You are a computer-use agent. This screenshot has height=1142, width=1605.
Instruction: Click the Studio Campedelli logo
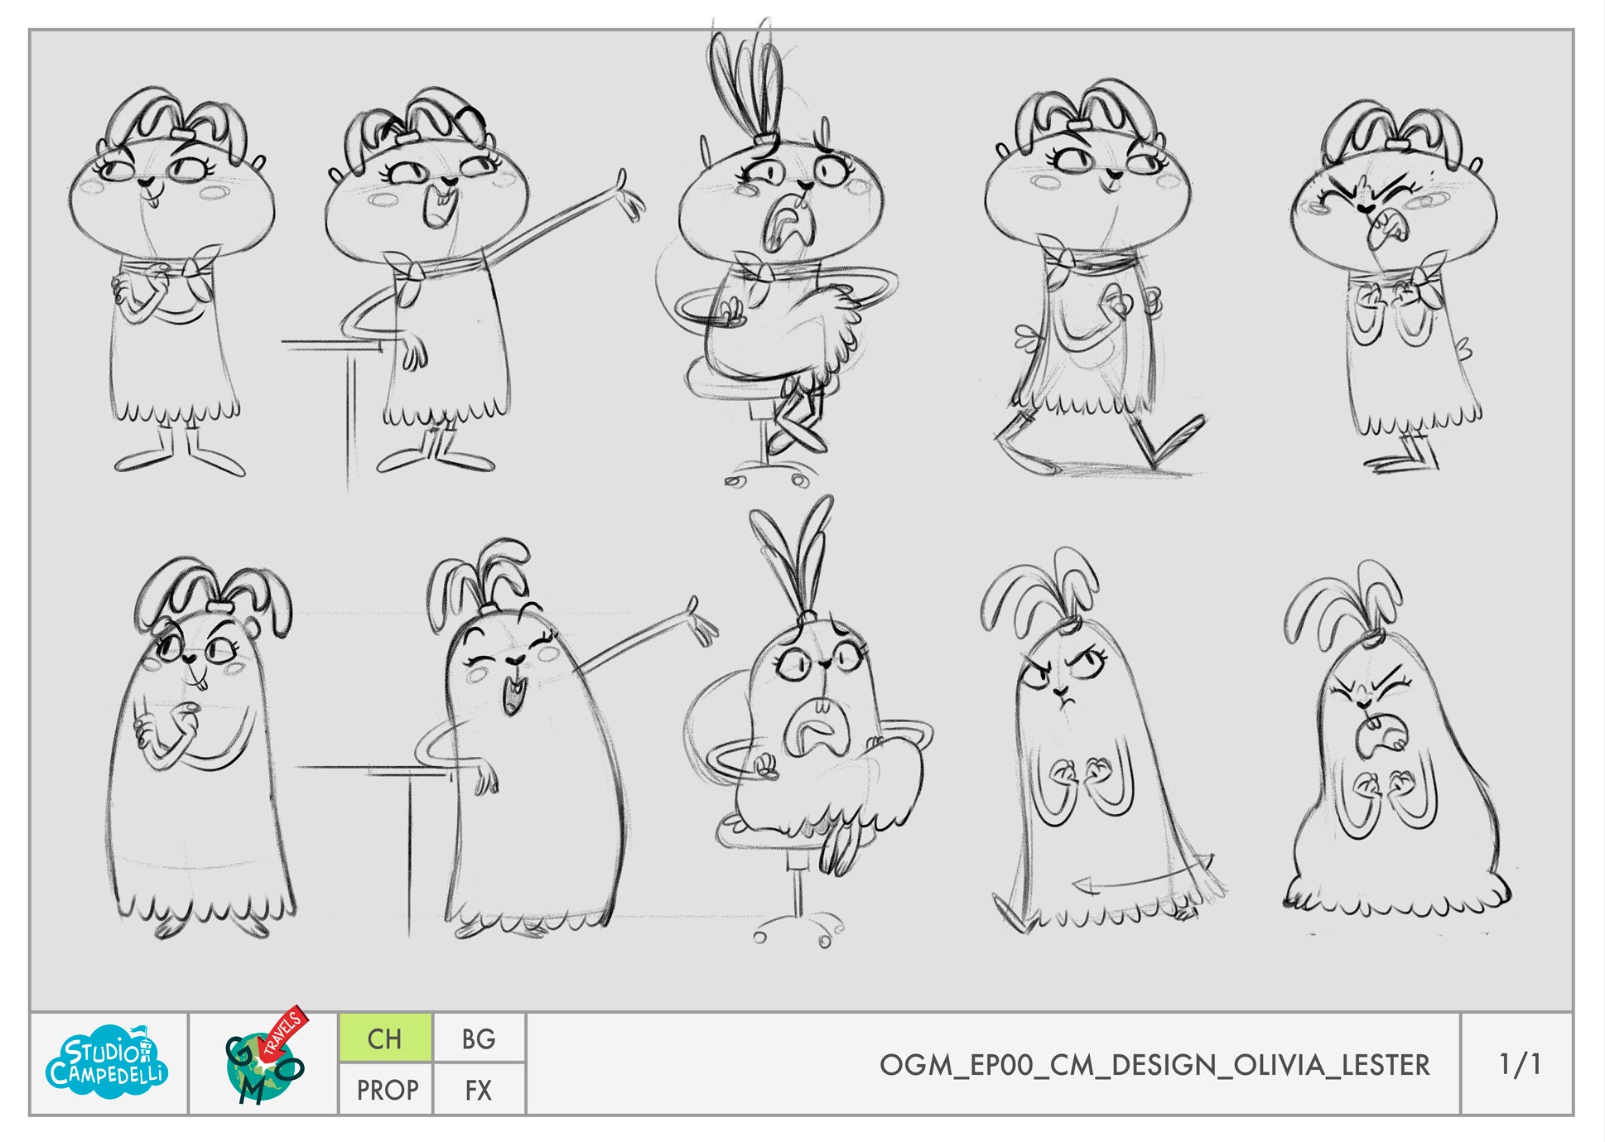pos(107,1063)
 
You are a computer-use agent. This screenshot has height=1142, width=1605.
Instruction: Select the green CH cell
pos(385,1038)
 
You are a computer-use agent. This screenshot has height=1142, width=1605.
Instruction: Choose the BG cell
pos(479,1038)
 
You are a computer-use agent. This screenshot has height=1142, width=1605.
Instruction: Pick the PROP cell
pos(387,1090)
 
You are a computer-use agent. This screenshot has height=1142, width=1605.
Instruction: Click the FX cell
pos(479,1090)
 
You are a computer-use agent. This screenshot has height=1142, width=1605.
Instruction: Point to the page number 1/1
pos(1520,1064)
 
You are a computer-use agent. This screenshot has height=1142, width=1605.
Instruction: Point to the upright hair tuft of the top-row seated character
pos(749,75)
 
